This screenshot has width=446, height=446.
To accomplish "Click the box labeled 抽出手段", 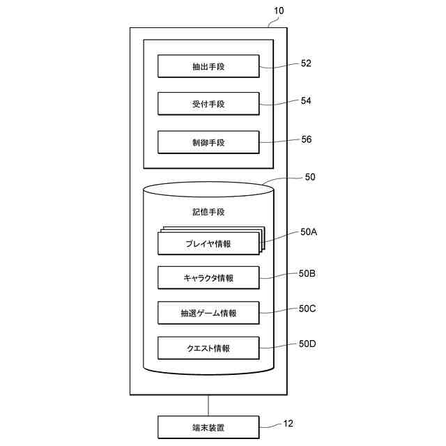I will tap(208, 67).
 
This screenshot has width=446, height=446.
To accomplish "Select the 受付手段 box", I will tap(208, 105).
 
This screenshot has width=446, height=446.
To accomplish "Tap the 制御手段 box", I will tap(208, 142).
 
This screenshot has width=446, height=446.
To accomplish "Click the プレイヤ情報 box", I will tap(208, 244).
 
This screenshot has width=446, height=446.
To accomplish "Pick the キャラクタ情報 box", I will tap(208, 278).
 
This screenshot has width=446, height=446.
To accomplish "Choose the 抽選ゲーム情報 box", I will tap(208, 313).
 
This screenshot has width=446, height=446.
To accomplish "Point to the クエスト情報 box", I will tap(208, 348).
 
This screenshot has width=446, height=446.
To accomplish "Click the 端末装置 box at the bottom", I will tap(208, 426).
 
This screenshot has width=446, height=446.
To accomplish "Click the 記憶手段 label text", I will tap(208, 211).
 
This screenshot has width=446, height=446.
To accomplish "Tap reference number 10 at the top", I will tap(279, 11).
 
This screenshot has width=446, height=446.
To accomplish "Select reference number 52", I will tap(306, 63).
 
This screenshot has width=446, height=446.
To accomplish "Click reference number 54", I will tap(306, 101).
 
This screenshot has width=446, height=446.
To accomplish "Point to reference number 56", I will tap(306, 139).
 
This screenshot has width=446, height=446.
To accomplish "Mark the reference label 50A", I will tap(309, 233).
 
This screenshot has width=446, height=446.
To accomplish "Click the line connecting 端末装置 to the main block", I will tap(208, 404).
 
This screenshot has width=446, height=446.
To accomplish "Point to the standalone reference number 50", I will tap(309, 177).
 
